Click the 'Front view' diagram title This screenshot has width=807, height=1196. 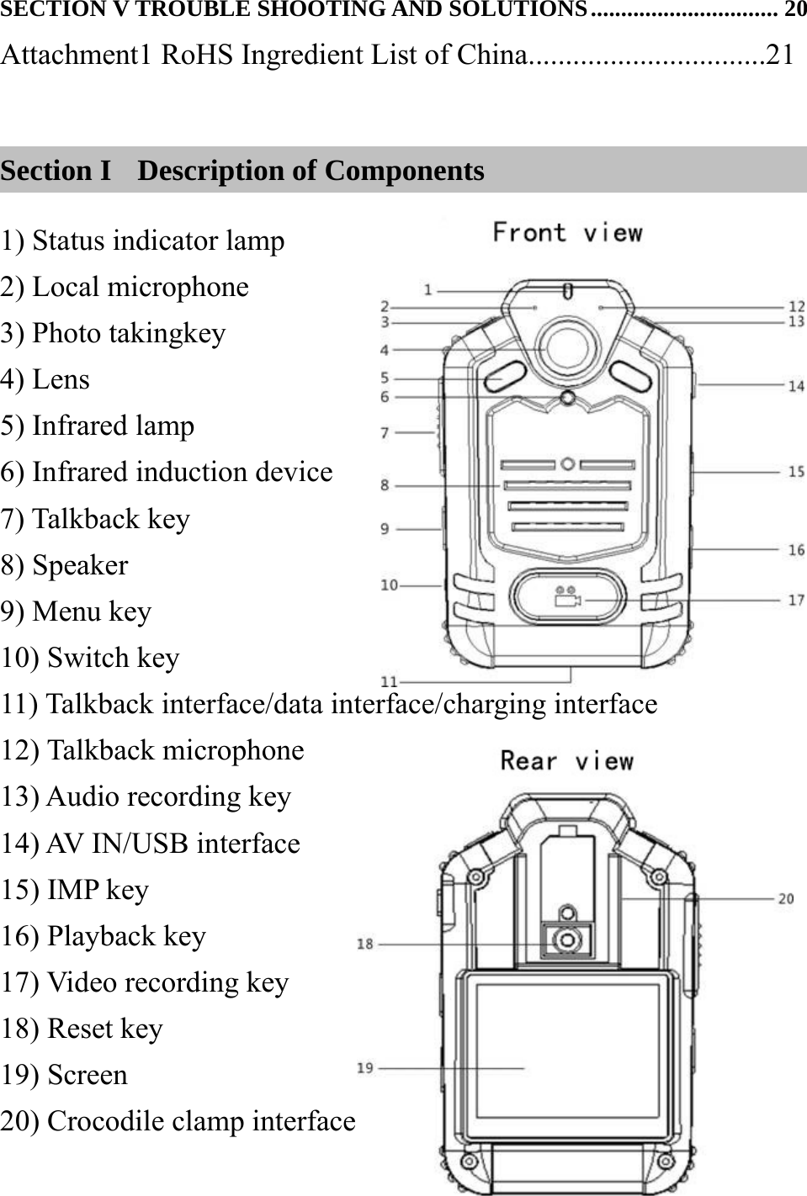[566, 233]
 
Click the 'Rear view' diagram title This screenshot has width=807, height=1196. [566, 761]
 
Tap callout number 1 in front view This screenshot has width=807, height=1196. [428, 290]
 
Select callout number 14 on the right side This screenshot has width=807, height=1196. [795, 385]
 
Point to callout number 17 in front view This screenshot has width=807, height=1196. [795, 600]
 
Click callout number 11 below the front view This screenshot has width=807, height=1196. [389, 680]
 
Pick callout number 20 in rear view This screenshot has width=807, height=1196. [785, 898]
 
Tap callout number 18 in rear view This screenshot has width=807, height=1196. [364, 944]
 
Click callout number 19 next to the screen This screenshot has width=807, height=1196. [364, 1068]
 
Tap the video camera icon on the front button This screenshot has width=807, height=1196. [567, 601]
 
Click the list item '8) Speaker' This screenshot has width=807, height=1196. [65, 565]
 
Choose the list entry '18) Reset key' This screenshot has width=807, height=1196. [82, 1029]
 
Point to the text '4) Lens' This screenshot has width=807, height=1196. [45, 379]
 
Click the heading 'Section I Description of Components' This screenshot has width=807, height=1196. [242, 171]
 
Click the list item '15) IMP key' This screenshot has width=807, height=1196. [75, 890]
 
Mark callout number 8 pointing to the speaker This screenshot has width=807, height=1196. [385, 485]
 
